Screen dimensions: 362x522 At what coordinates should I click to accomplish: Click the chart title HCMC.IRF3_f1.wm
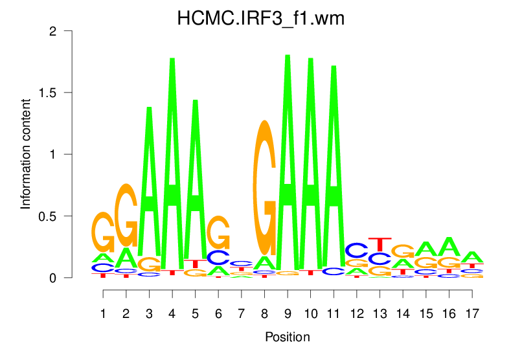[261, 19]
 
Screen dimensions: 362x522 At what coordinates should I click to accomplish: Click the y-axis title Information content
[26, 154]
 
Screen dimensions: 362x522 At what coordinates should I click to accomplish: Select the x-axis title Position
[288, 337]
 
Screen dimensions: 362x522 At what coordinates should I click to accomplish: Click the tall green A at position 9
[288, 162]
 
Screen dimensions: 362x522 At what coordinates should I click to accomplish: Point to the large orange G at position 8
[264, 188]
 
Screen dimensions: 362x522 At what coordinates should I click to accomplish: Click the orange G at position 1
[103, 232]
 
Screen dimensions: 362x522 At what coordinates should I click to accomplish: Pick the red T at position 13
[380, 245]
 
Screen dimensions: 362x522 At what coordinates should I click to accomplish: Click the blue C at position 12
[356, 250]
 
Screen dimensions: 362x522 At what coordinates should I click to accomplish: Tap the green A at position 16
[449, 247]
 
